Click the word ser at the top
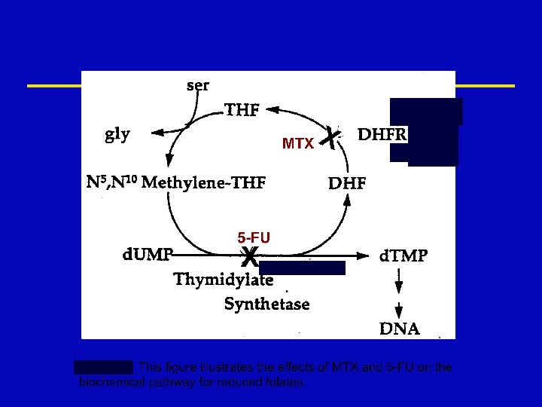(x=197, y=84)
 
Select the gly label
(x=117, y=134)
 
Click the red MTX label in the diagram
(x=298, y=143)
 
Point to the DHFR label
(x=382, y=135)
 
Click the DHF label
(x=348, y=182)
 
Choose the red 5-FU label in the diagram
(x=254, y=237)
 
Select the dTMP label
(x=403, y=256)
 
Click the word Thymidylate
(x=224, y=280)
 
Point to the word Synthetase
(x=266, y=304)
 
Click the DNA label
(x=400, y=329)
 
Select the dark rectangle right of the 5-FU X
(x=302, y=268)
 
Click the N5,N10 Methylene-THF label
(x=176, y=182)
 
